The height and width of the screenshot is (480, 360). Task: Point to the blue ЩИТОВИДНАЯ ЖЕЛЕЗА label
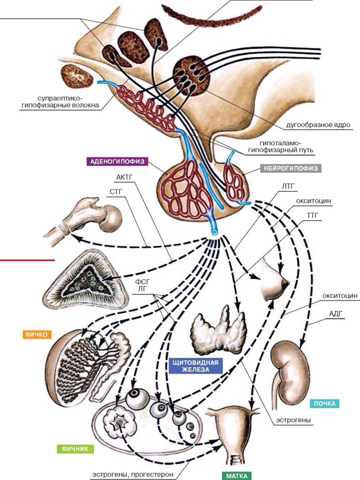pos(196,365)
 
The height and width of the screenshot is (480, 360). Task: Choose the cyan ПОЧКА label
pos(324,404)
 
